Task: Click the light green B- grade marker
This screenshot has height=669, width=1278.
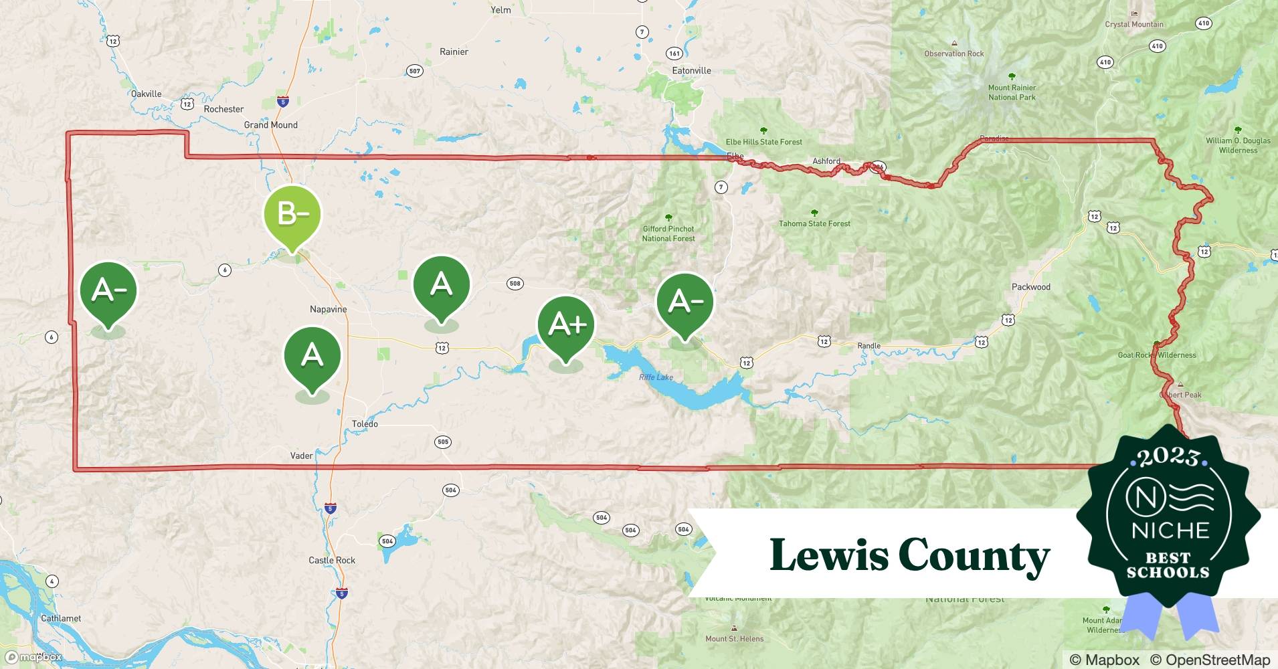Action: coord(292,215)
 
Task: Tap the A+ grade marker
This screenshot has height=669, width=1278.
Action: coord(566,326)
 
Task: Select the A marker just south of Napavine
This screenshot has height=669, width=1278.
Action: coord(312,356)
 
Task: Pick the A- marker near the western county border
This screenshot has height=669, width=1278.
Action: coord(108,291)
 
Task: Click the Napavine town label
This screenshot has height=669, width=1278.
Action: coord(328,309)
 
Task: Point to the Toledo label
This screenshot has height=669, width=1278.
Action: coord(365,424)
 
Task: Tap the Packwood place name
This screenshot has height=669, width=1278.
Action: coord(1030,287)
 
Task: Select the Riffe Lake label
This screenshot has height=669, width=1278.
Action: coord(656,377)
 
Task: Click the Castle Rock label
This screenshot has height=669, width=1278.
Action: coord(332,561)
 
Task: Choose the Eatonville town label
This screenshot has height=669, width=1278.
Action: coord(691,71)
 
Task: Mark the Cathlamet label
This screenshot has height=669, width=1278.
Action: coord(61,618)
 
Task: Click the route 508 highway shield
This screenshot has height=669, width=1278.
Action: coord(515,284)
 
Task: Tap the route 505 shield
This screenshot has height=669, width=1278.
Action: coord(442,442)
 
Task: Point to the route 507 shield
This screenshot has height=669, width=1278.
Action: coord(415,71)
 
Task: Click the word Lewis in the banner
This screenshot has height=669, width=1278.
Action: coord(827,555)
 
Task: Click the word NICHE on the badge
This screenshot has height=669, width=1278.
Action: coord(1170,531)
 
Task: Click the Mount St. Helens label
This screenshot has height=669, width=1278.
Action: coord(734,639)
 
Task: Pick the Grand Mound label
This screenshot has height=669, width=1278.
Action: coord(270,125)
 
